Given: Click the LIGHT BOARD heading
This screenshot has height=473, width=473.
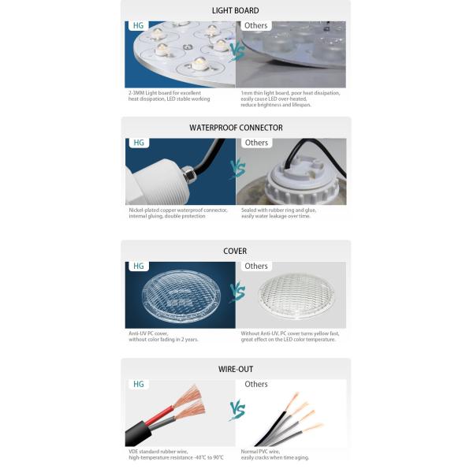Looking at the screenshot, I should tap(235, 11).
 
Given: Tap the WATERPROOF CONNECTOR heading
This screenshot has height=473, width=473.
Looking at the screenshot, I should tap(236, 128).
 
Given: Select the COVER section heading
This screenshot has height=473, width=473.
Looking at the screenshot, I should tap(235, 251).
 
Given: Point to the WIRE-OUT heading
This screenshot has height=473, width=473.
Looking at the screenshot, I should tap(236, 369).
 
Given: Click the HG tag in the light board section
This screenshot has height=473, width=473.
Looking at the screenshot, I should tap(138, 26).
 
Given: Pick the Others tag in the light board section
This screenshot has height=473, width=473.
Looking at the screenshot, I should tap(256, 26).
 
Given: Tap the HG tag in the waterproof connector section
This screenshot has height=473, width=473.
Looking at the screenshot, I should tap(138, 143).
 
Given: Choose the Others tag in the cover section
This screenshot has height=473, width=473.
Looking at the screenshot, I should tap(256, 266).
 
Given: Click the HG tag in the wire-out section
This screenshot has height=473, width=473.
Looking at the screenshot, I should tap(138, 384).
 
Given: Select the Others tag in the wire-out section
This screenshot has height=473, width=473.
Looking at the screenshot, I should tap(256, 384).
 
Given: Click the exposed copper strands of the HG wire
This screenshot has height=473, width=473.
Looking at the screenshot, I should tap(189, 400).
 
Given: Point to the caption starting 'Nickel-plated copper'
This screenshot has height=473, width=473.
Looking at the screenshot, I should tap(177, 213).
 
